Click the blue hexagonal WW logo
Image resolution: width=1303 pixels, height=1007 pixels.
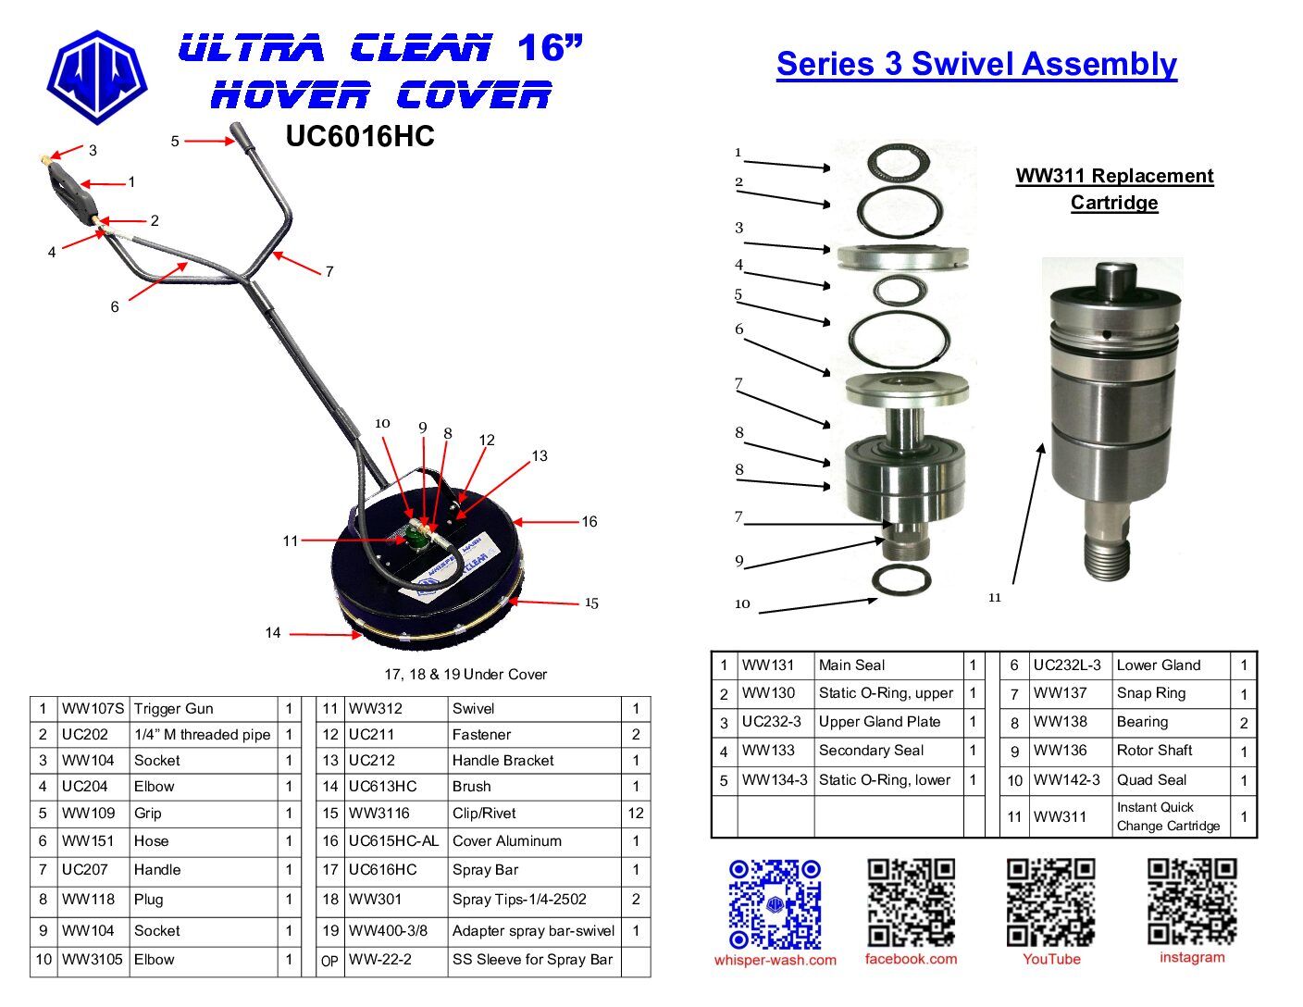[97, 78]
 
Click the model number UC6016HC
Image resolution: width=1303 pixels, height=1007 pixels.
[360, 136]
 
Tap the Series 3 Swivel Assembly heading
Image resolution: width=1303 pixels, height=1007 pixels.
[976, 65]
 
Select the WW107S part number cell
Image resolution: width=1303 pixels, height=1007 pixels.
[93, 708]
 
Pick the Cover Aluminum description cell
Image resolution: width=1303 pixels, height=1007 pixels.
[507, 841]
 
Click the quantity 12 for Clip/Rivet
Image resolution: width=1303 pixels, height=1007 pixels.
[636, 814]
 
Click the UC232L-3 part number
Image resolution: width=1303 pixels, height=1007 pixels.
[1067, 665]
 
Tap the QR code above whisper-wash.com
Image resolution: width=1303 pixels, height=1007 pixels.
[775, 904]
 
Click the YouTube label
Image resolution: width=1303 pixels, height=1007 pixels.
[1051, 959]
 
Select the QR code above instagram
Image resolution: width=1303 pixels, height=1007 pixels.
[1192, 901]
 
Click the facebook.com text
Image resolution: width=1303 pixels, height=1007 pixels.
[911, 959]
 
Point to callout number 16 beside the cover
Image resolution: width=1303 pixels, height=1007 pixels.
[589, 522]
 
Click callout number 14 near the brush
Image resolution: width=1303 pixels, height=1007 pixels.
[273, 633]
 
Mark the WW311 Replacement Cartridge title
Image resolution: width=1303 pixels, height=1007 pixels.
[1114, 189]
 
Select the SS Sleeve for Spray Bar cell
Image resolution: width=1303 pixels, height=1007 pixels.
[532, 960]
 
